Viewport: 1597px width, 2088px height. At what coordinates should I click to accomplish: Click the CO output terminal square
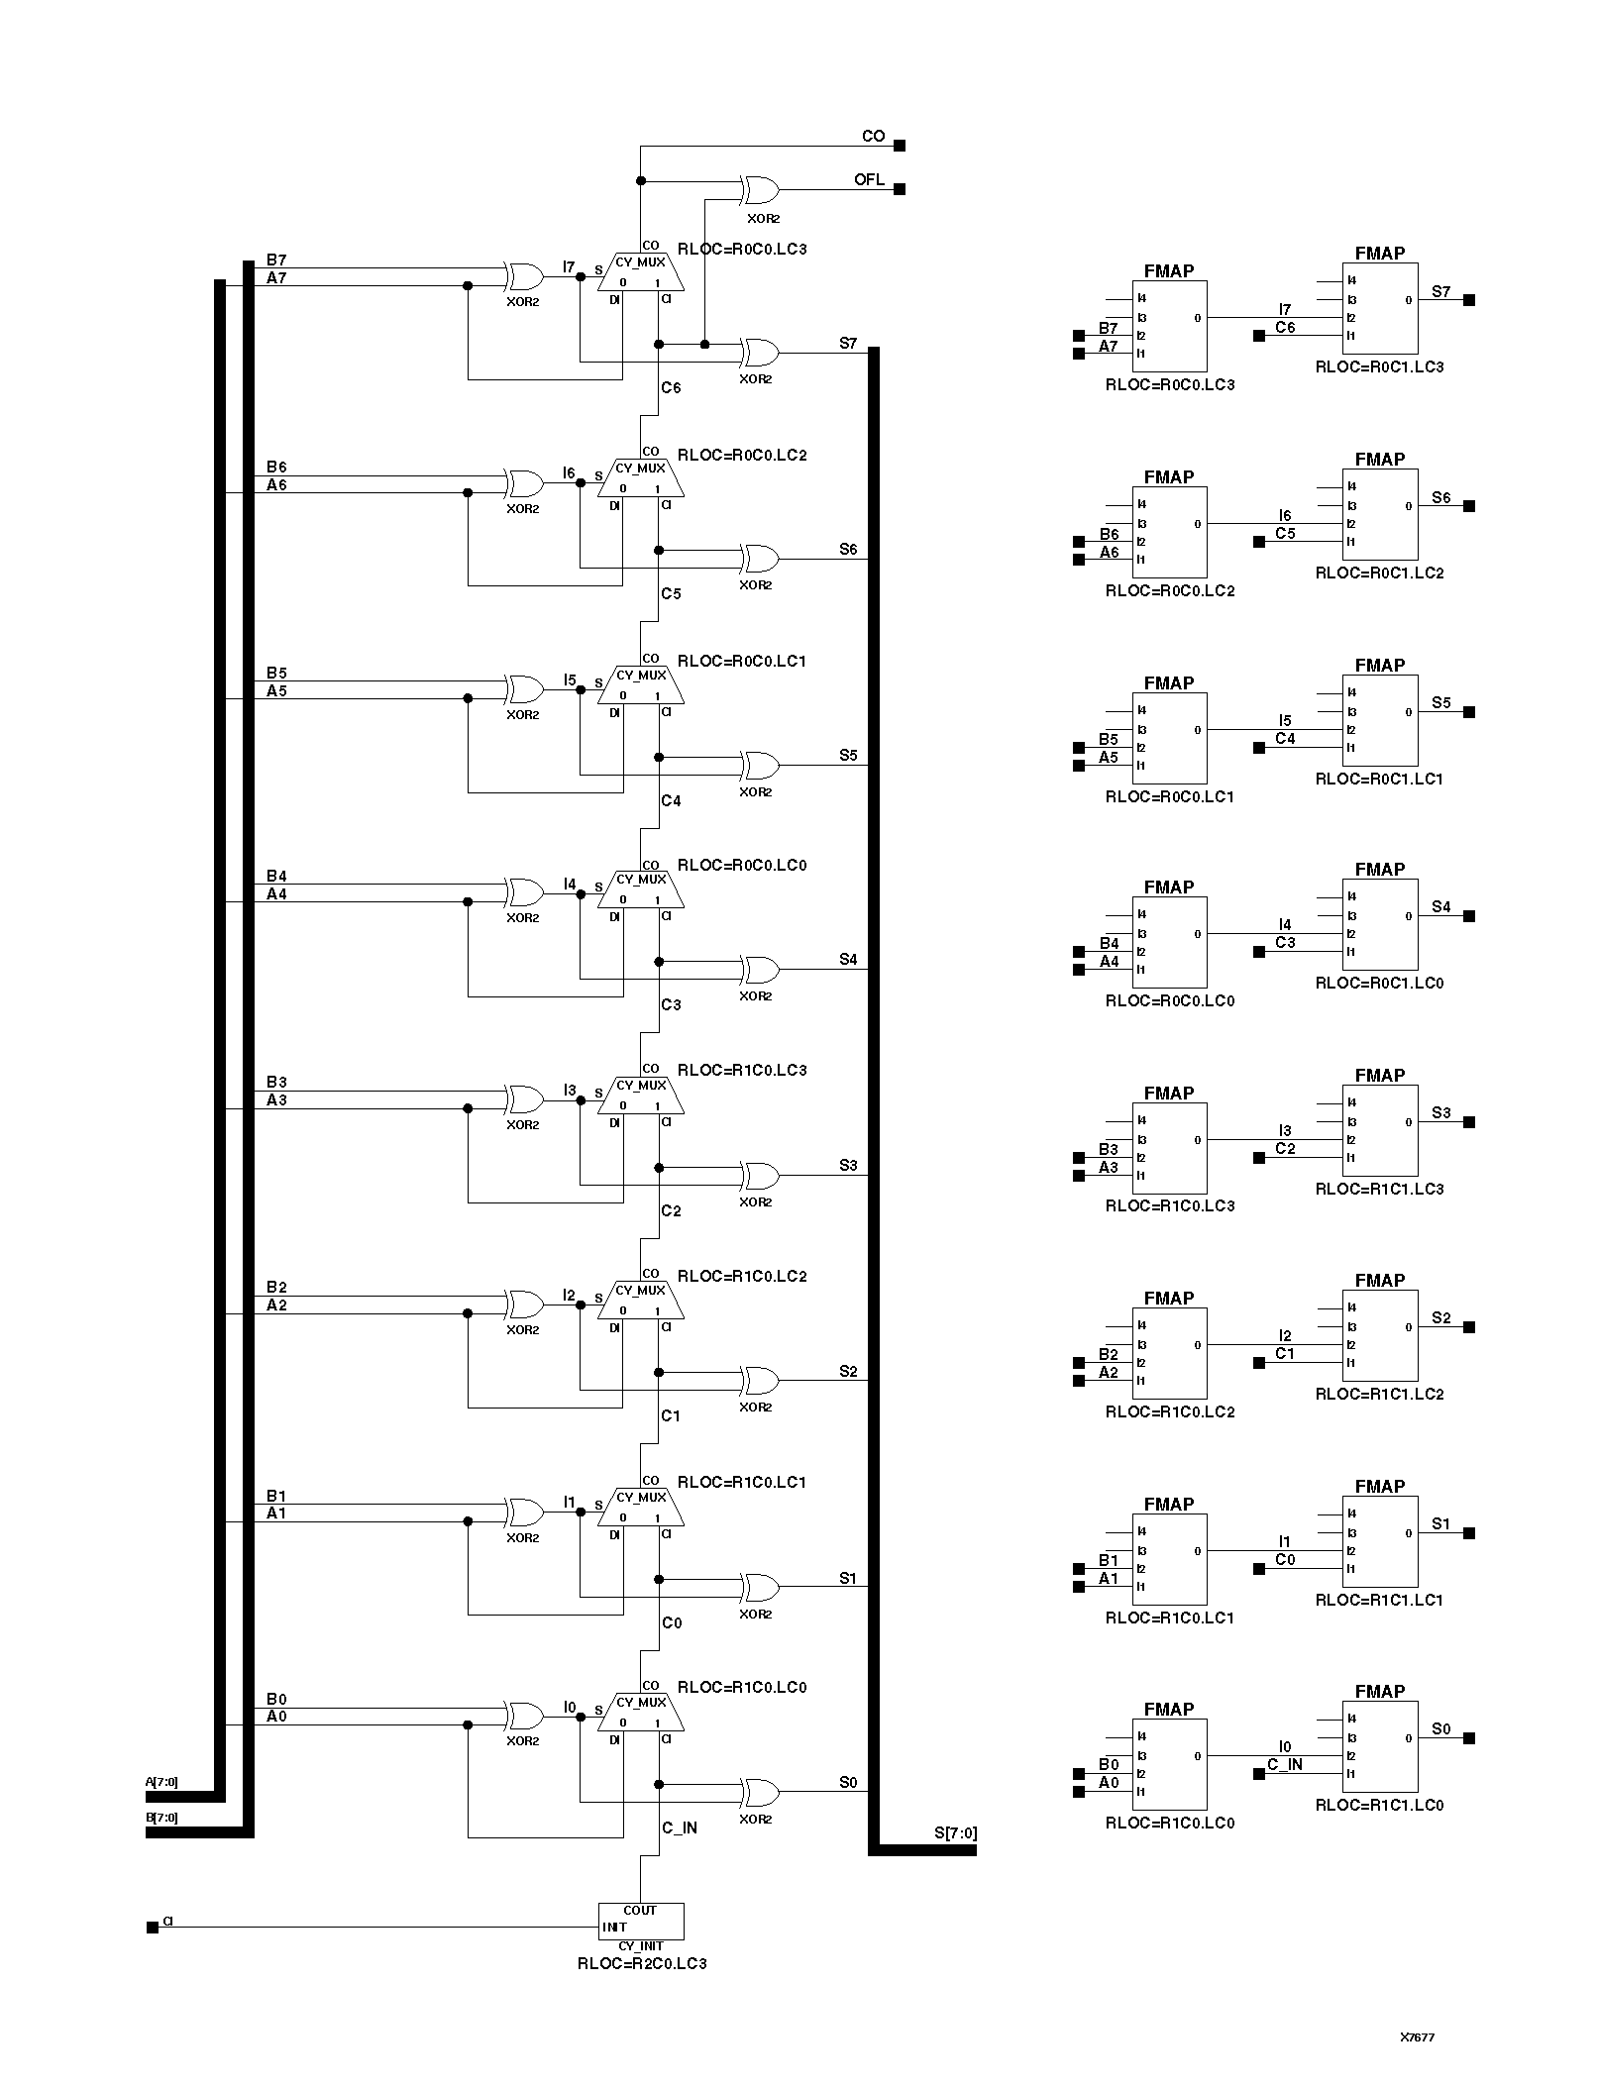click(900, 146)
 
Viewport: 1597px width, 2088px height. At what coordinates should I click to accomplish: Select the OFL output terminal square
click(900, 189)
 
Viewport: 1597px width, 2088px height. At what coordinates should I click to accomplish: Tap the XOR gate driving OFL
click(760, 189)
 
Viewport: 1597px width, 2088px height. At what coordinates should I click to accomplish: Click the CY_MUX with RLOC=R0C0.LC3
click(640, 270)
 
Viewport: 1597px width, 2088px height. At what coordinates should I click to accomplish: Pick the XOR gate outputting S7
click(760, 352)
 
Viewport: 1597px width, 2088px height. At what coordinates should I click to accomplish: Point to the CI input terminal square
click(152, 1928)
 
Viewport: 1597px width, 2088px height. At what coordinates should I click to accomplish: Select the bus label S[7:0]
click(955, 1832)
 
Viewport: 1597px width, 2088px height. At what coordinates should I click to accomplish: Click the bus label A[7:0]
click(161, 1782)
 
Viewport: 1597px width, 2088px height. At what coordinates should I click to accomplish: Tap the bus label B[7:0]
click(161, 1818)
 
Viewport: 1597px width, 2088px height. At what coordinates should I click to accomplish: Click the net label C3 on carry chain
click(671, 1004)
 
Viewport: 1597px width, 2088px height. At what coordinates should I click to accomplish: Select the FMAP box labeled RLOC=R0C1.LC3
click(1380, 307)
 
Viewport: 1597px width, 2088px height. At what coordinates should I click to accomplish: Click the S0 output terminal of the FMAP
click(1469, 1738)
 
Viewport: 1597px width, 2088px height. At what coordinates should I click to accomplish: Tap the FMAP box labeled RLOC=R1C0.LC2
click(1170, 1353)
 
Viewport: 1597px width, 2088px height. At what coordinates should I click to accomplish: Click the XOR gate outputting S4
click(760, 969)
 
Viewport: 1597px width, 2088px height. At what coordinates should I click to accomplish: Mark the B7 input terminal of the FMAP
click(1079, 336)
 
